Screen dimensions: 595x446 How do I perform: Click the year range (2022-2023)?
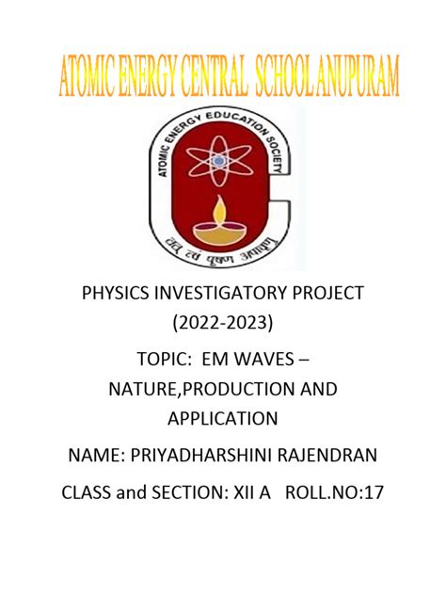(x=222, y=325)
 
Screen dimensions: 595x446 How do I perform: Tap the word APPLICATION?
(x=222, y=420)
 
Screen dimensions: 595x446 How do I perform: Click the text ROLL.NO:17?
(x=338, y=491)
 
